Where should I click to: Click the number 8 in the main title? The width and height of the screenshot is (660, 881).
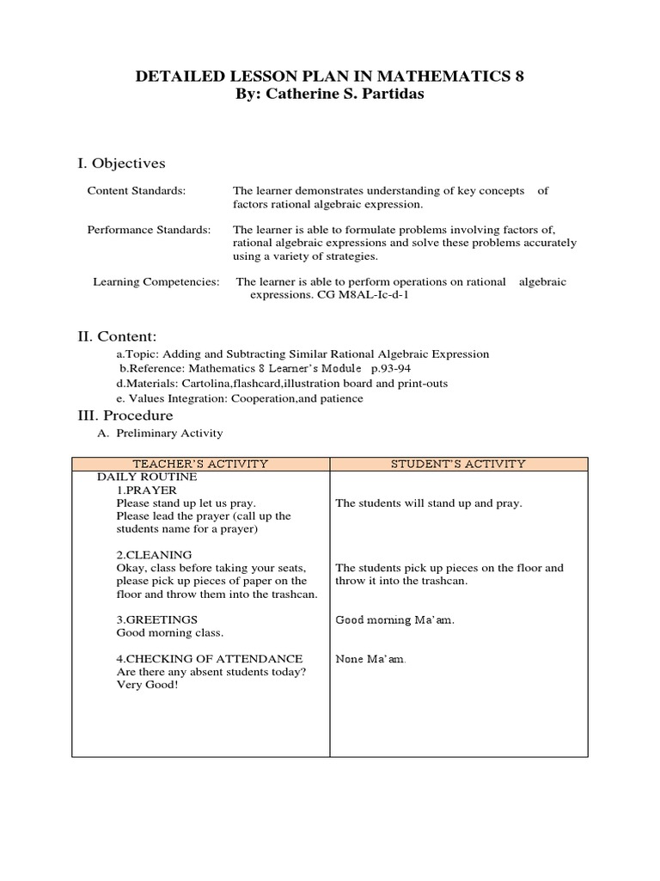pos(518,77)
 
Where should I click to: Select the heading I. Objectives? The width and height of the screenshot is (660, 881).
pos(122,163)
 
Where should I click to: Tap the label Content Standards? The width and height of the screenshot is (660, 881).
pos(136,191)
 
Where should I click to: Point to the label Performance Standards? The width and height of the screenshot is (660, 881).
pos(149,230)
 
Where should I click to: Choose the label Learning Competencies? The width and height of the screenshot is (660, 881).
pos(156,282)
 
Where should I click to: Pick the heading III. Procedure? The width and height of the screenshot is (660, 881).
pos(125,416)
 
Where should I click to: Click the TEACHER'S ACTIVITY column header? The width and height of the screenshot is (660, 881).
pos(200,464)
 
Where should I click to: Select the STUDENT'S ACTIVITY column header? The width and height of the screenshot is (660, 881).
pos(458,464)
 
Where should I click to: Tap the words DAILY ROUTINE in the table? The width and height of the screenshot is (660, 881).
pos(147,477)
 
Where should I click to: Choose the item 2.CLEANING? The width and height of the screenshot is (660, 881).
pos(154,555)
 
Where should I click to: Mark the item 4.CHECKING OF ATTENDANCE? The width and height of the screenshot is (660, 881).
pos(209,658)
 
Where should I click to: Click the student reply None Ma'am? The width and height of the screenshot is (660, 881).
pos(370,659)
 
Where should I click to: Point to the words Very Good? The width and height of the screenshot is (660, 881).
pos(147,685)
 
